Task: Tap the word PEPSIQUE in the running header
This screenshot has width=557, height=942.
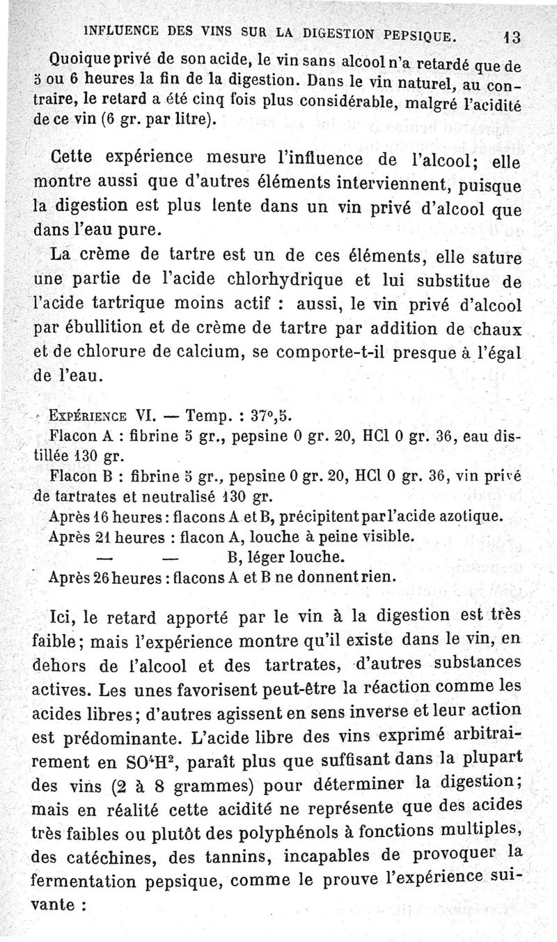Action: pos(414,33)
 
